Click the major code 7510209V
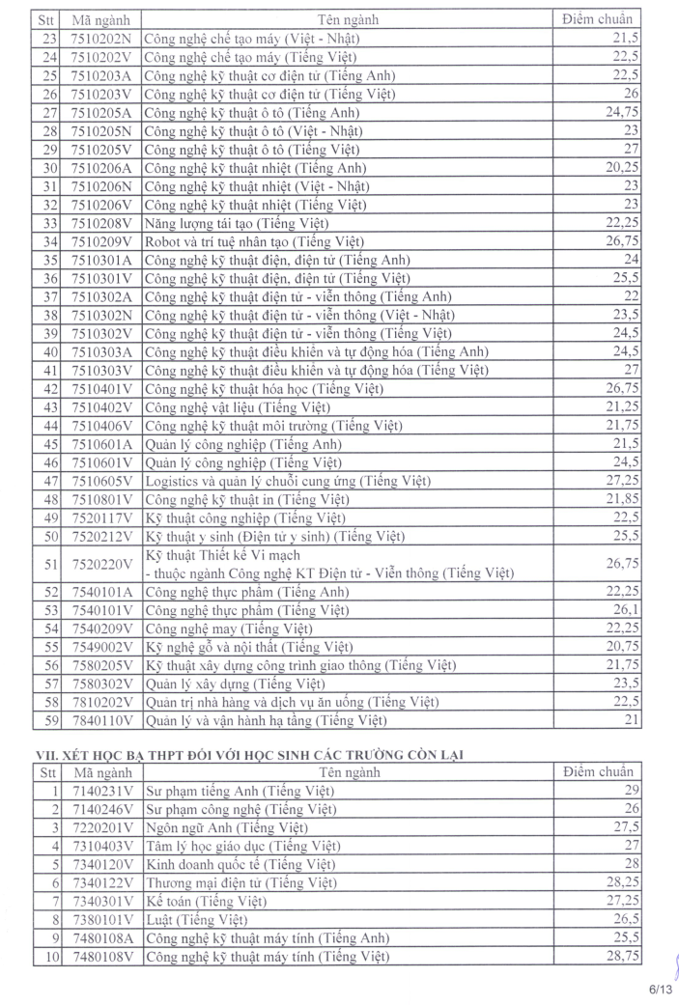point(101,240)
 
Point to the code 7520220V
point(101,564)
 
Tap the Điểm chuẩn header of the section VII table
point(599,772)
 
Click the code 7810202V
point(101,702)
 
